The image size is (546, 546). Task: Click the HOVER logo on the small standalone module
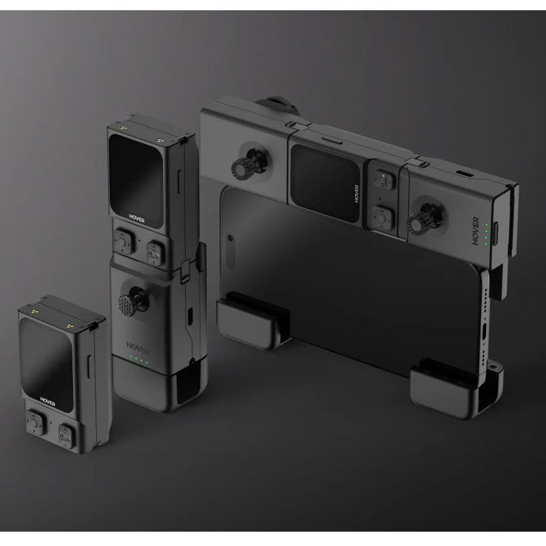click(x=48, y=401)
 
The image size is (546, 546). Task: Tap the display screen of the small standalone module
click(x=46, y=364)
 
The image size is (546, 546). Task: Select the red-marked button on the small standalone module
click(x=65, y=435)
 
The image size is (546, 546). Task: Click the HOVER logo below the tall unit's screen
click(x=136, y=218)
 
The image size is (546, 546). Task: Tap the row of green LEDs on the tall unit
click(x=139, y=360)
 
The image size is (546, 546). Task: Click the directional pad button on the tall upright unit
click(x=123, y=242)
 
